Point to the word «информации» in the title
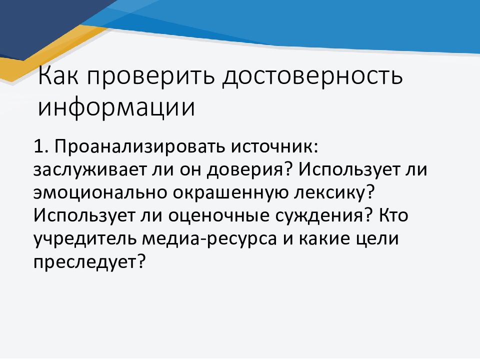point(116,107)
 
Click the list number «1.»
point(41,146)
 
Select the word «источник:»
point(275,146)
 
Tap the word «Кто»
point(393,215)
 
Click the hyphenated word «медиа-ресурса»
point(209,239)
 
